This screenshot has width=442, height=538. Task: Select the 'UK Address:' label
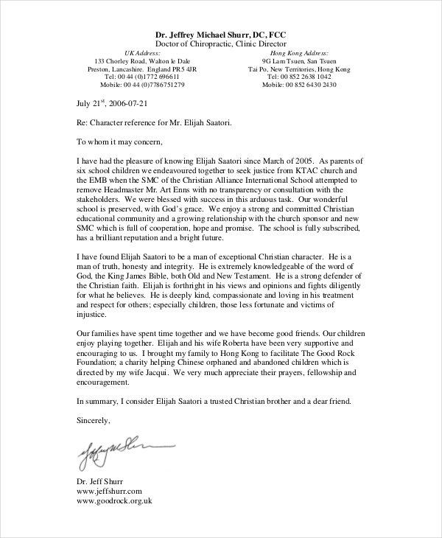(x=143, y=53)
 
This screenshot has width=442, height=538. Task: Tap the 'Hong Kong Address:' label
(x=299, y=53)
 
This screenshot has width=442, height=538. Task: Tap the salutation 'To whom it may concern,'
(x=119, y=141)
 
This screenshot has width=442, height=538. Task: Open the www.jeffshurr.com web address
(x=109, y=490)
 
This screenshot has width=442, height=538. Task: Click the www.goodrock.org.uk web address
(x=113, y=500)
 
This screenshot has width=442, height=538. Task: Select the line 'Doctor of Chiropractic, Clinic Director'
(x=221, y=44)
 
